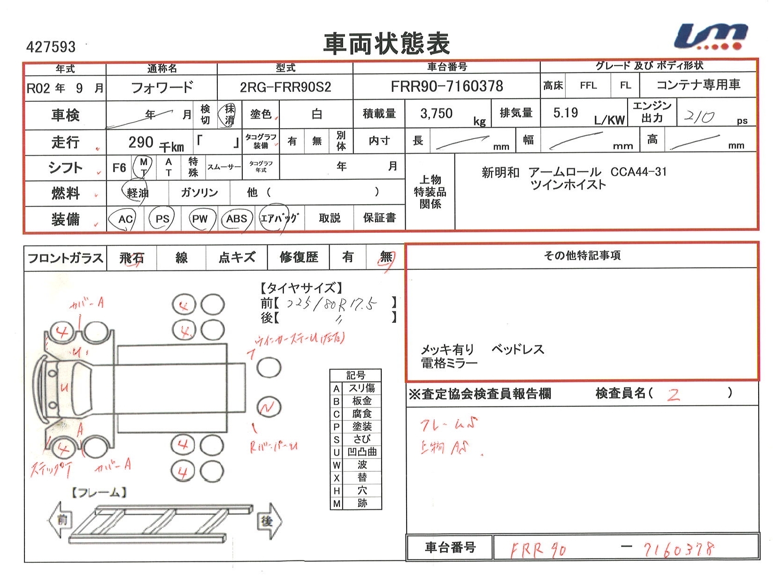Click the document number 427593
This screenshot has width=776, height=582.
(x=51, y=47)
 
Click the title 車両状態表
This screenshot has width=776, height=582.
(x=386, y=44)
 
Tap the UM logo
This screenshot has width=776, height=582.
(x=710, y=37)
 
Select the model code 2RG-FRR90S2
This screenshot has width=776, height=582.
(x=285, y=87)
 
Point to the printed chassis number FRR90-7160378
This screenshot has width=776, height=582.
(x=446, y=86)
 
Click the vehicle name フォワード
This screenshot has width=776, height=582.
(x=161, y=87)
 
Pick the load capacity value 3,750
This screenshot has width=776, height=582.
(x=436, y=114)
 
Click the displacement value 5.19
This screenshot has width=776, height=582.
(x=565, y=113)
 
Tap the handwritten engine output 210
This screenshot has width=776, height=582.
(x=699, y=116)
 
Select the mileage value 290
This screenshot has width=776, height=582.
(x=141, y=142)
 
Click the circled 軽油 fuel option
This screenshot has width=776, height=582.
(x=137, y=192)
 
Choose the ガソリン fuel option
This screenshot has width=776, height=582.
(x=200, y=192)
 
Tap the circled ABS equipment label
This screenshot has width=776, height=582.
(x=236, y=219)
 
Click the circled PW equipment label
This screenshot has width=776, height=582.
(x=200, y=219)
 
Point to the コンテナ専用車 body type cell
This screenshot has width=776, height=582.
(x=698, y=85)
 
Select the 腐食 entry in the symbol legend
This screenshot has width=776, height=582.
(x=361, y=414)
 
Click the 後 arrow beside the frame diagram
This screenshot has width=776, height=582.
(x=269, y=521)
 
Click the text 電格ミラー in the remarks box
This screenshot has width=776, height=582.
(x=449, y=363)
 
